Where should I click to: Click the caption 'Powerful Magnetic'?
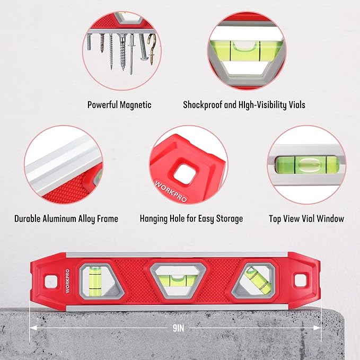[119, 105]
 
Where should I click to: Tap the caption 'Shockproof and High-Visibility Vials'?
[244, 105]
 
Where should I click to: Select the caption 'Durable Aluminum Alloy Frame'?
[66, 218]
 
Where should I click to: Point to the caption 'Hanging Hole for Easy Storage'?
[191, 218]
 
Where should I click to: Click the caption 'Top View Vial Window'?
[306, 218]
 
